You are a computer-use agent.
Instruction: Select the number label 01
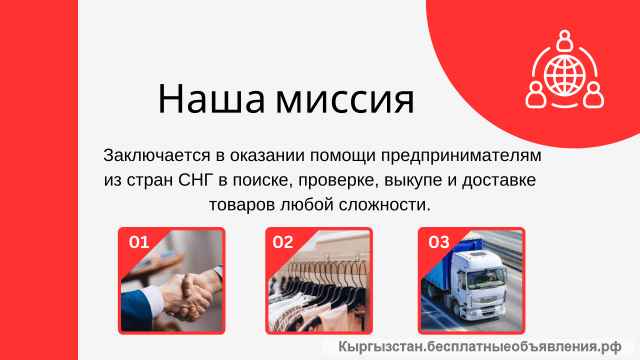pos(139,241)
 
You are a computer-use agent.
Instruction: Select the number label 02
pos(283,241)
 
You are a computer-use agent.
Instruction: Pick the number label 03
pos(438,241)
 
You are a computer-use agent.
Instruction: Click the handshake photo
pos(171,285)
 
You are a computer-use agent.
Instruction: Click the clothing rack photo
pos(319,285)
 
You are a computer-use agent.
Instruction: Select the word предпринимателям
pos(470,157)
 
